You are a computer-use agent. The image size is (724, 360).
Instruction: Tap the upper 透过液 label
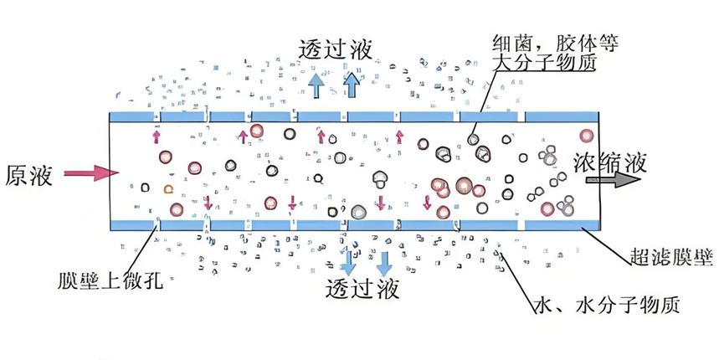click(x=336, y=49)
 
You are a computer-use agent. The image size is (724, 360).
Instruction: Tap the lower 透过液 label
click(x=362, y=289)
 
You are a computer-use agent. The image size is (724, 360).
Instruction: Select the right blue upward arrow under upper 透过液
click(x=351, y=84)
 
